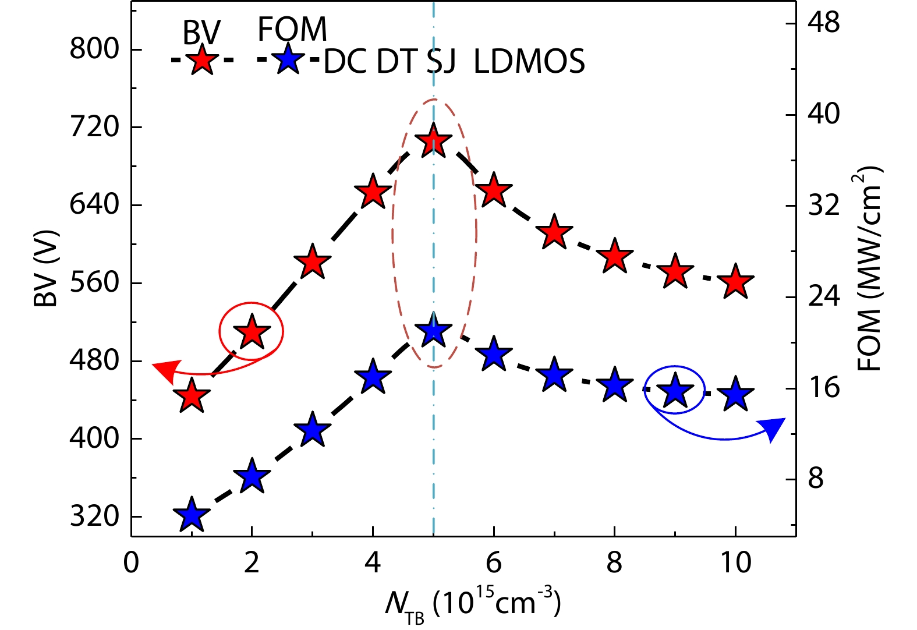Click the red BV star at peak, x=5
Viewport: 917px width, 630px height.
pos(433,141)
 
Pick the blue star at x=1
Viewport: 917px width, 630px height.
pos(192,515)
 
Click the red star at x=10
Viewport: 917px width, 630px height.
pos(736,282)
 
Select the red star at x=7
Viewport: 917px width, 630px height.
pos(554,232)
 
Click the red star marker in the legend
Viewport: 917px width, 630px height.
pos(201,60)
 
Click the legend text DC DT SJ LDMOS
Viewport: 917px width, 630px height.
pos(454,61)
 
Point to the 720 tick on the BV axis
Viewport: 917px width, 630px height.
pos(94,127)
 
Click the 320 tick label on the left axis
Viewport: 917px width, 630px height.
pos(94,516)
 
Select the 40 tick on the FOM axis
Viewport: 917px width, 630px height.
pos(823,114)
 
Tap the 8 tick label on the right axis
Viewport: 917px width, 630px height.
pos(816,479)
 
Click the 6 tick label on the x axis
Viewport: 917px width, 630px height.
pos(494,563)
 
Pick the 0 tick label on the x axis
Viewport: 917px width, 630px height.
pos(132,563)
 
